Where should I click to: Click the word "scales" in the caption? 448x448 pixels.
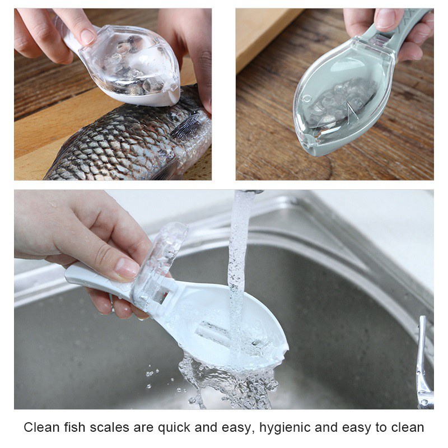[x=109, y=427]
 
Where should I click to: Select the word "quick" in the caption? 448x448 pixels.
[x=174, y=428]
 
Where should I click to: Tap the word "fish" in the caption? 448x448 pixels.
[x=74, y=427]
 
